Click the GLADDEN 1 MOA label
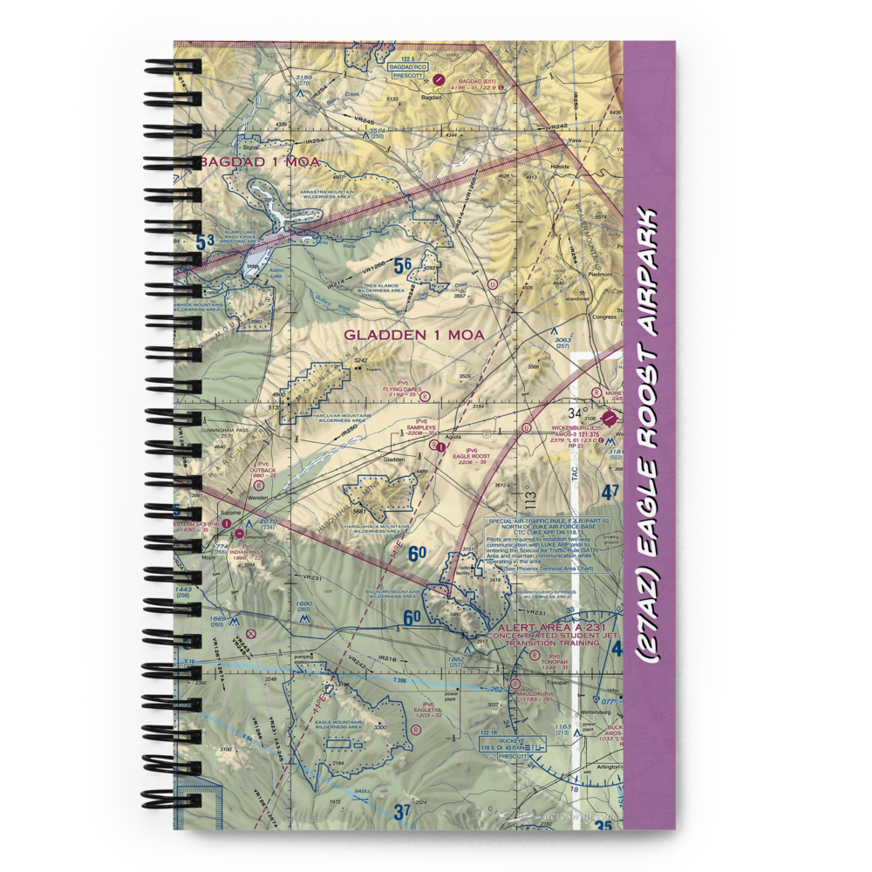click(x=413, y=335)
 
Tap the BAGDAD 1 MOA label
click(x=259, y=163)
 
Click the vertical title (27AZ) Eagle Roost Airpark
click(x=651, y=436)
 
